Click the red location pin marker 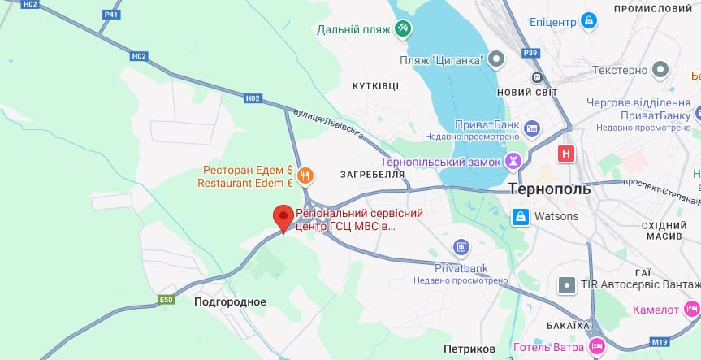[x=283, y=218]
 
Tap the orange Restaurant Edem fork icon [x=305, y=174]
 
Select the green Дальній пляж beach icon [x=402, y=29]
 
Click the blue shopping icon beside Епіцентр [x=590, y=20]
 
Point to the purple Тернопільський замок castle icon [x=513, y=162]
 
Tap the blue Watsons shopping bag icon [x=519, y=216]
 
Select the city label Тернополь [x=549, y=189]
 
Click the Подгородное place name [x=230, y=301]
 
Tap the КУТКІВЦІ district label [x=375, y=85]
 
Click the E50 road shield [x=166, y=300]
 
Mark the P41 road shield [x=111, y=14]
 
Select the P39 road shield [x=530, y=53]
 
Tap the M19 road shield [x=659, y=341]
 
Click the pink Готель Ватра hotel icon [x=597, y=346]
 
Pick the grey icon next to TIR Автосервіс [x=566, y=285]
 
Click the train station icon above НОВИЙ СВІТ [x=537, y=77]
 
